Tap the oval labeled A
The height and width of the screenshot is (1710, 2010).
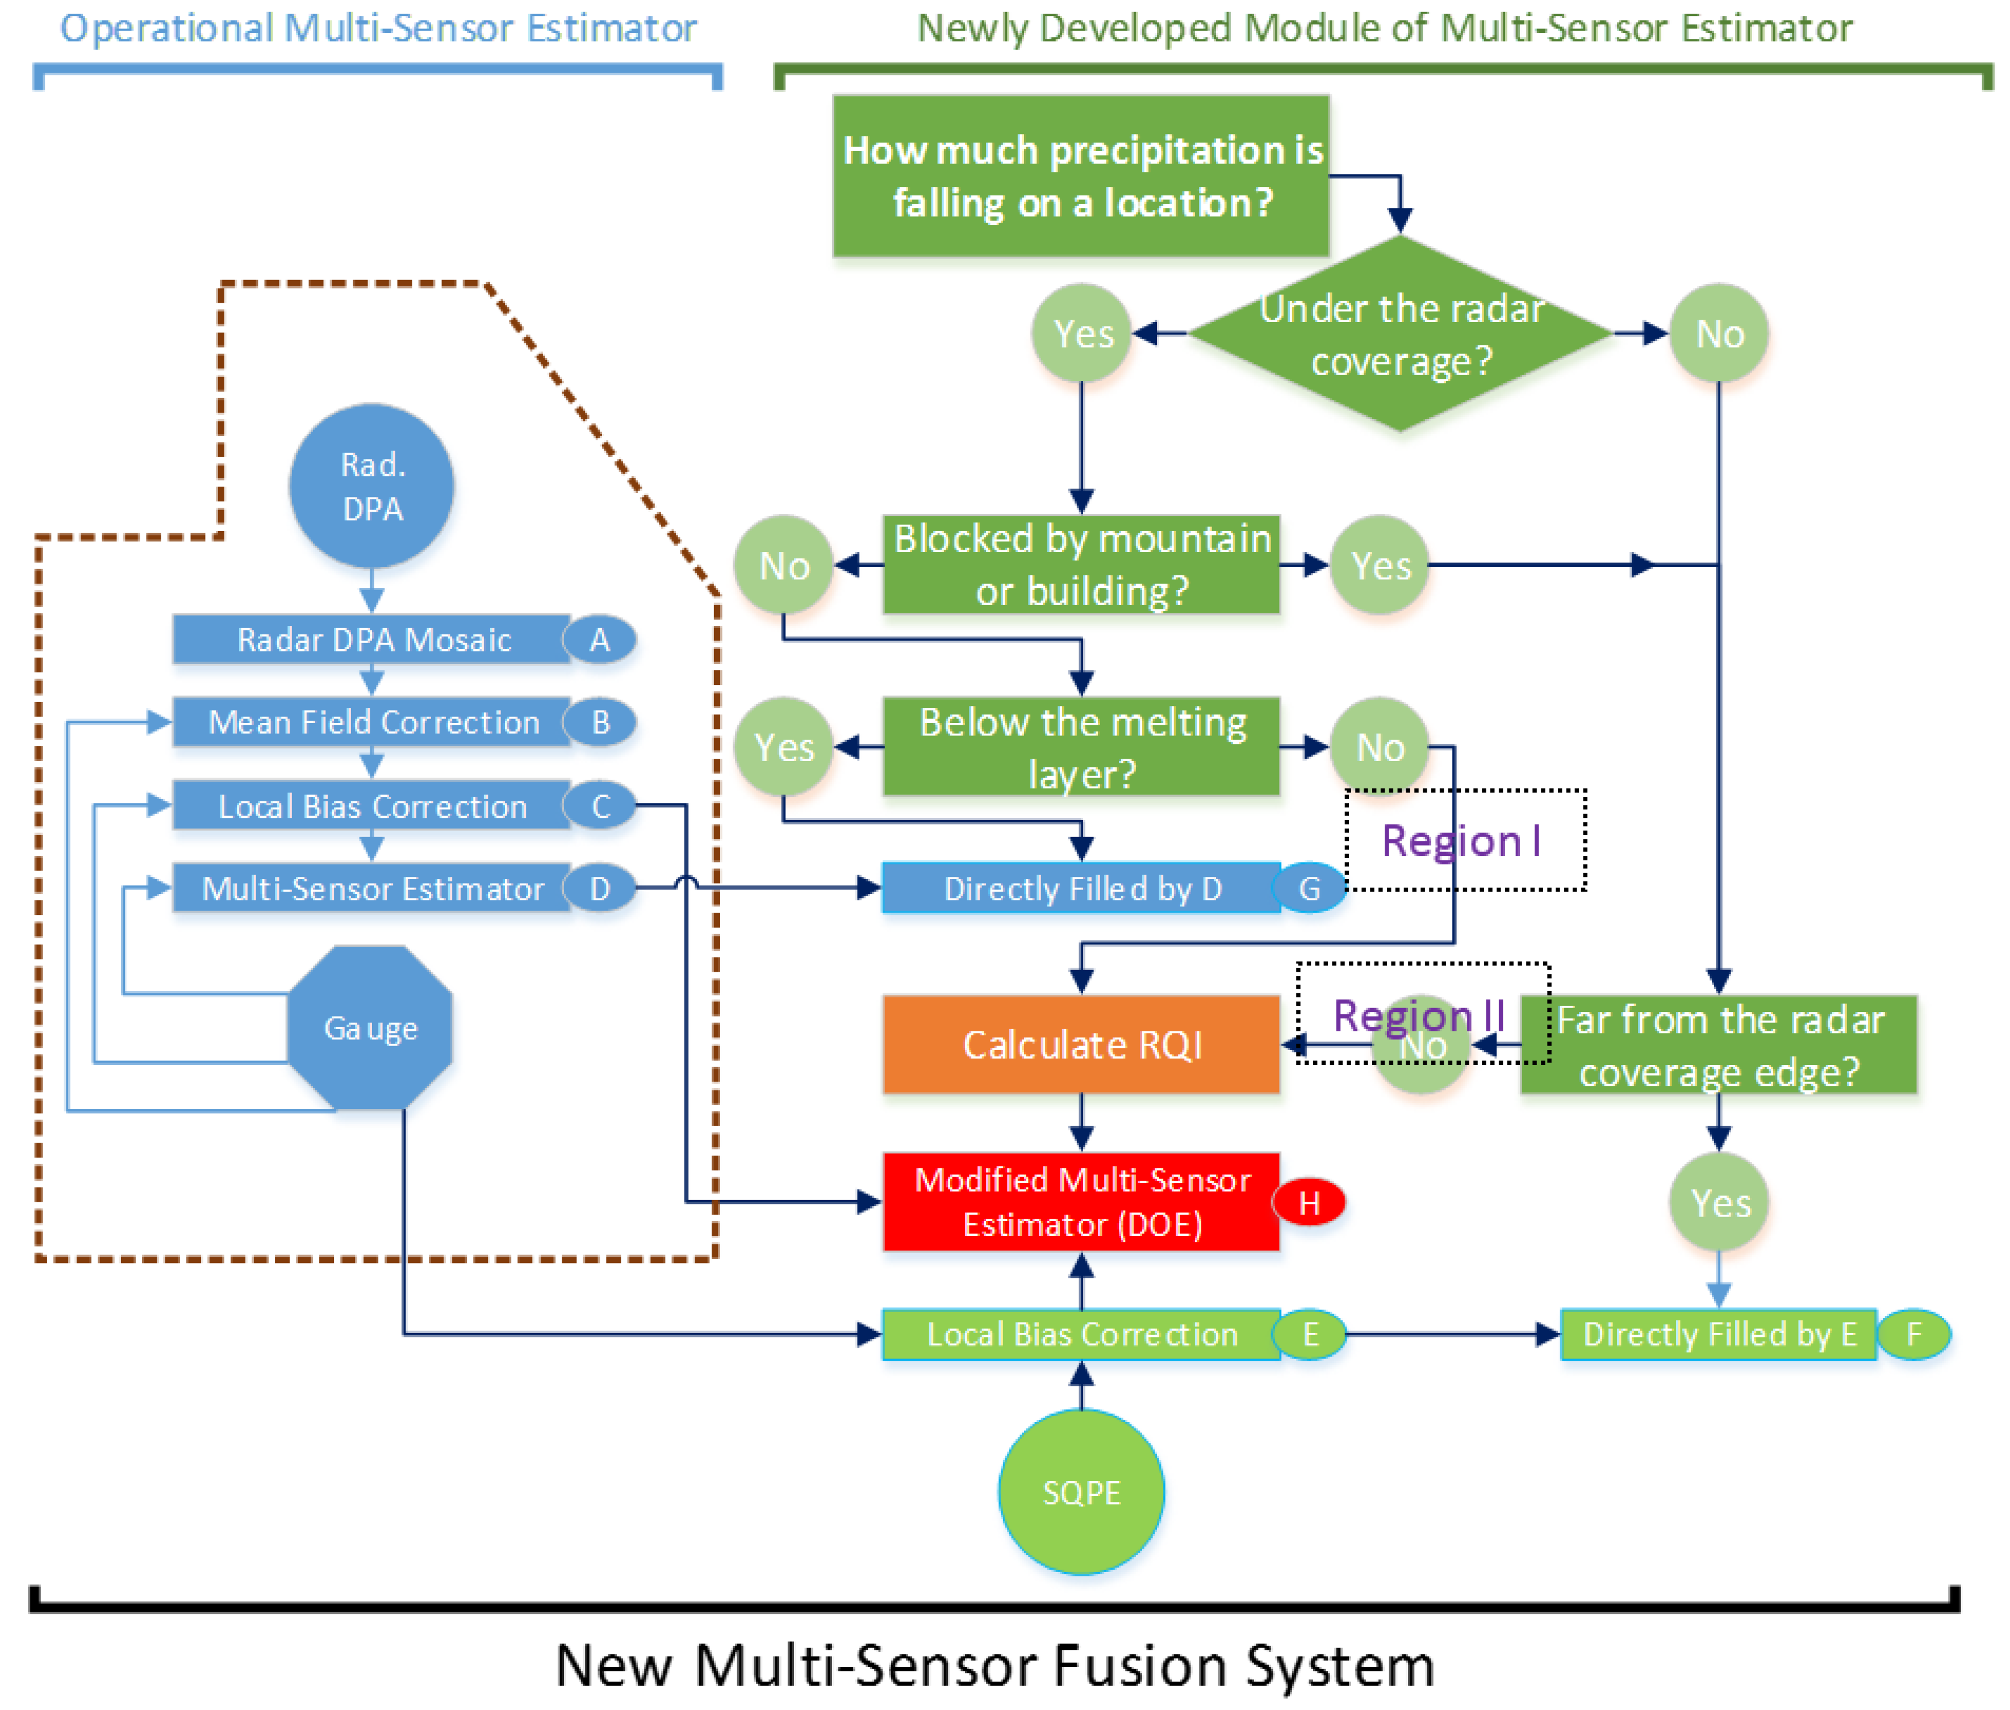(600, 640)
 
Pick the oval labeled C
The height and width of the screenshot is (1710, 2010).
(600, 805)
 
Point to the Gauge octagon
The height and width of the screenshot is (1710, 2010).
(370, 1027)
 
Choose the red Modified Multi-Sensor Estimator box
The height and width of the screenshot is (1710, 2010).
(1081, 1202)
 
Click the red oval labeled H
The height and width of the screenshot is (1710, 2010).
(1309, 1203)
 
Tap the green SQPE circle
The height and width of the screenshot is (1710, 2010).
(1081, 1492)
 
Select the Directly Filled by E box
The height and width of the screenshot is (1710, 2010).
(1718, 1335)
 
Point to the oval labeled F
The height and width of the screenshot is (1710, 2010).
(1914, 1335)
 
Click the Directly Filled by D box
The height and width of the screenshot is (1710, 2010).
(1081, 889)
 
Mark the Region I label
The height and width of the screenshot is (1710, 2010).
(1461, 841)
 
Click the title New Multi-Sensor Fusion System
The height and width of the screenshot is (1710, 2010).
(995, 1665)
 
